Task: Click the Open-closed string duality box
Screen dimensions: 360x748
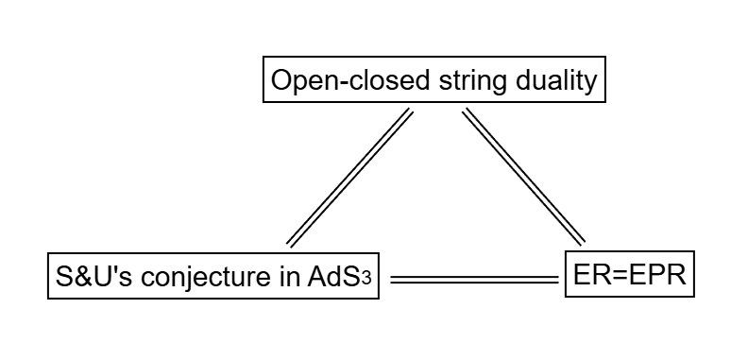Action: pyautogui.click(x=433, y=81)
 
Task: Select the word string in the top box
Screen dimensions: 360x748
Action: pyautogui.click(x=470, y=82)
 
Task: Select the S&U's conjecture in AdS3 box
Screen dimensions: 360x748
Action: pyautogui.click(x=213, y=277)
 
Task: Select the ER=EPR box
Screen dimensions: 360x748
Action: pyautogui.click(x=629, y=275)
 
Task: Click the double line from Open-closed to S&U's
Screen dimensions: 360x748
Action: pyautogui.click(x=350, y=177)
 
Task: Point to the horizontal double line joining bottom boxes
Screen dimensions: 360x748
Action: pyautogui.click(x=474, y=280)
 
